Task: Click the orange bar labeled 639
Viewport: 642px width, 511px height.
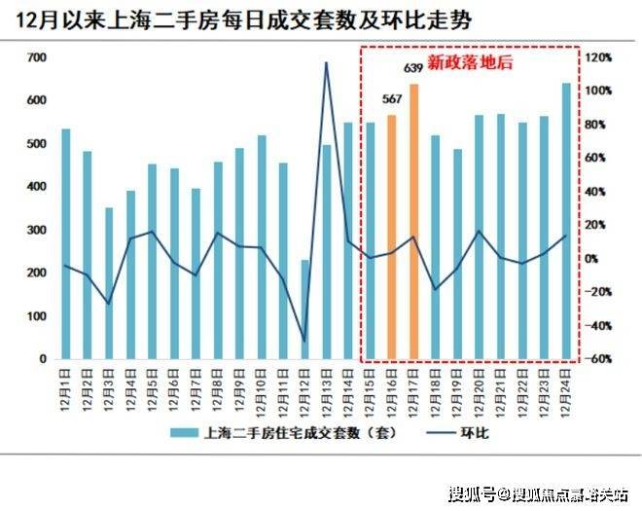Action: (x=413, y=222)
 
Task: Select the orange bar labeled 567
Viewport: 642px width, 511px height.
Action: (x=392, y=237)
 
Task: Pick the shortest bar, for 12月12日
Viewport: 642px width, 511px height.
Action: (x=304, y=309)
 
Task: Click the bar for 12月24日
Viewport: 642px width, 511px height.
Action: (x=566, y=221)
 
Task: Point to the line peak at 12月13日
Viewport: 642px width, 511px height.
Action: (x=326, y=63)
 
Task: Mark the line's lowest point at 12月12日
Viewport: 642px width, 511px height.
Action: (x=304, y=342)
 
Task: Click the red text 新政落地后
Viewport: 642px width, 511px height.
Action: (x=470, y=63)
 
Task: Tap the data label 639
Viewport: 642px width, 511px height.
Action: (x=413, y=67)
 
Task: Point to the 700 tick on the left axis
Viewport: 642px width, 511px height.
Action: (x=38, y=58)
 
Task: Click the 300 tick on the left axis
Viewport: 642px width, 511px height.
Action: (x=38, y=230)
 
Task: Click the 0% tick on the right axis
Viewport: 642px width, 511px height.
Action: (x=593, y=259)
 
